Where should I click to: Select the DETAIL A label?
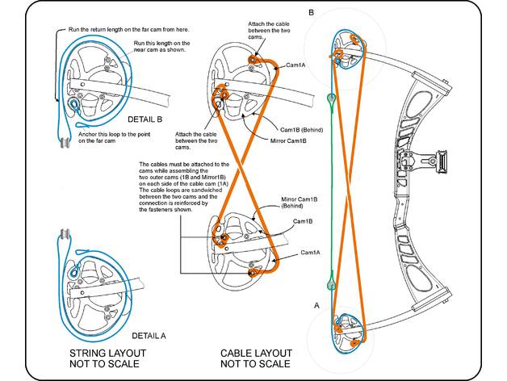147,334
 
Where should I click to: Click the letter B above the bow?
311,12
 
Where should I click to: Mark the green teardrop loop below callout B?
331,98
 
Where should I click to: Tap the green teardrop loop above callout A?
331,283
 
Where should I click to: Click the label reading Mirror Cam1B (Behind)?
299,202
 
